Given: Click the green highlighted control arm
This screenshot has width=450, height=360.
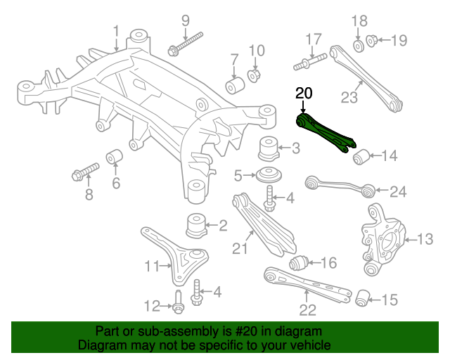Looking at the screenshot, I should (x=325, y=134).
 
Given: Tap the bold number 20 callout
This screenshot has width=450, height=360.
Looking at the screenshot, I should (x=303, y=94).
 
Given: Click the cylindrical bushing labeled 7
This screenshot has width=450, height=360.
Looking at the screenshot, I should (x=234, y=84).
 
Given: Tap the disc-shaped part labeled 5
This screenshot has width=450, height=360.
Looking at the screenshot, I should (x=268, y=174).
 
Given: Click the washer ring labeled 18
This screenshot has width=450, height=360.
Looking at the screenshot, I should (x=358, y=46).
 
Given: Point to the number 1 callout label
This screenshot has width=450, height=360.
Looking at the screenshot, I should (x=116, y=30).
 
